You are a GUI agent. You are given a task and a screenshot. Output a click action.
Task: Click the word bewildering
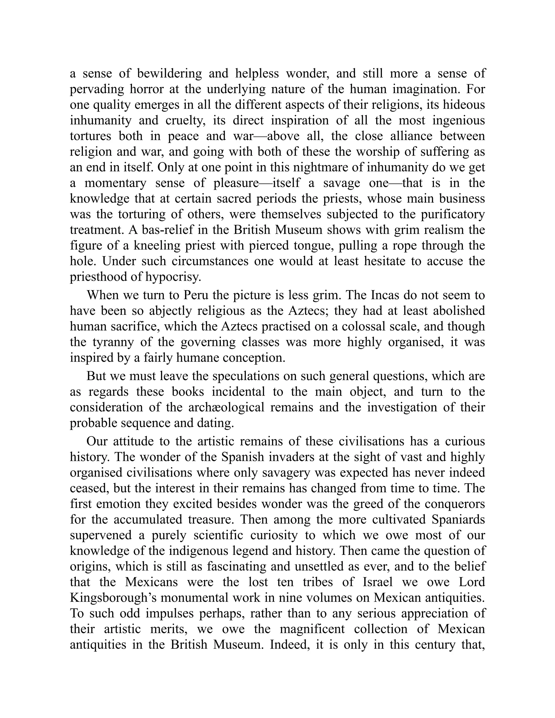click(x=169, y=73)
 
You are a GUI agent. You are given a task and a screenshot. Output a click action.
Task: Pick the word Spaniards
click(x=458, y=520)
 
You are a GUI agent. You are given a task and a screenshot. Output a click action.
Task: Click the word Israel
click(x=378, y=582)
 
